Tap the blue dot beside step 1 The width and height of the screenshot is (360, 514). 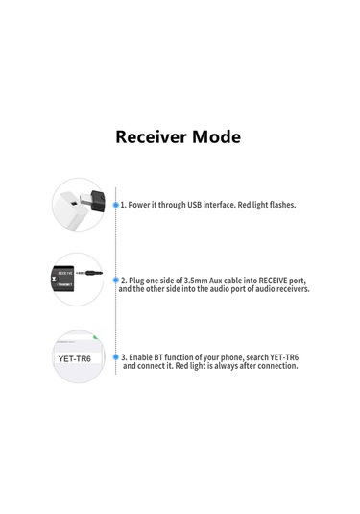point(116,206)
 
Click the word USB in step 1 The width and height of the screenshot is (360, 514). point(194,206)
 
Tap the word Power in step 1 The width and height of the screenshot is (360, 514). point(141,206)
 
